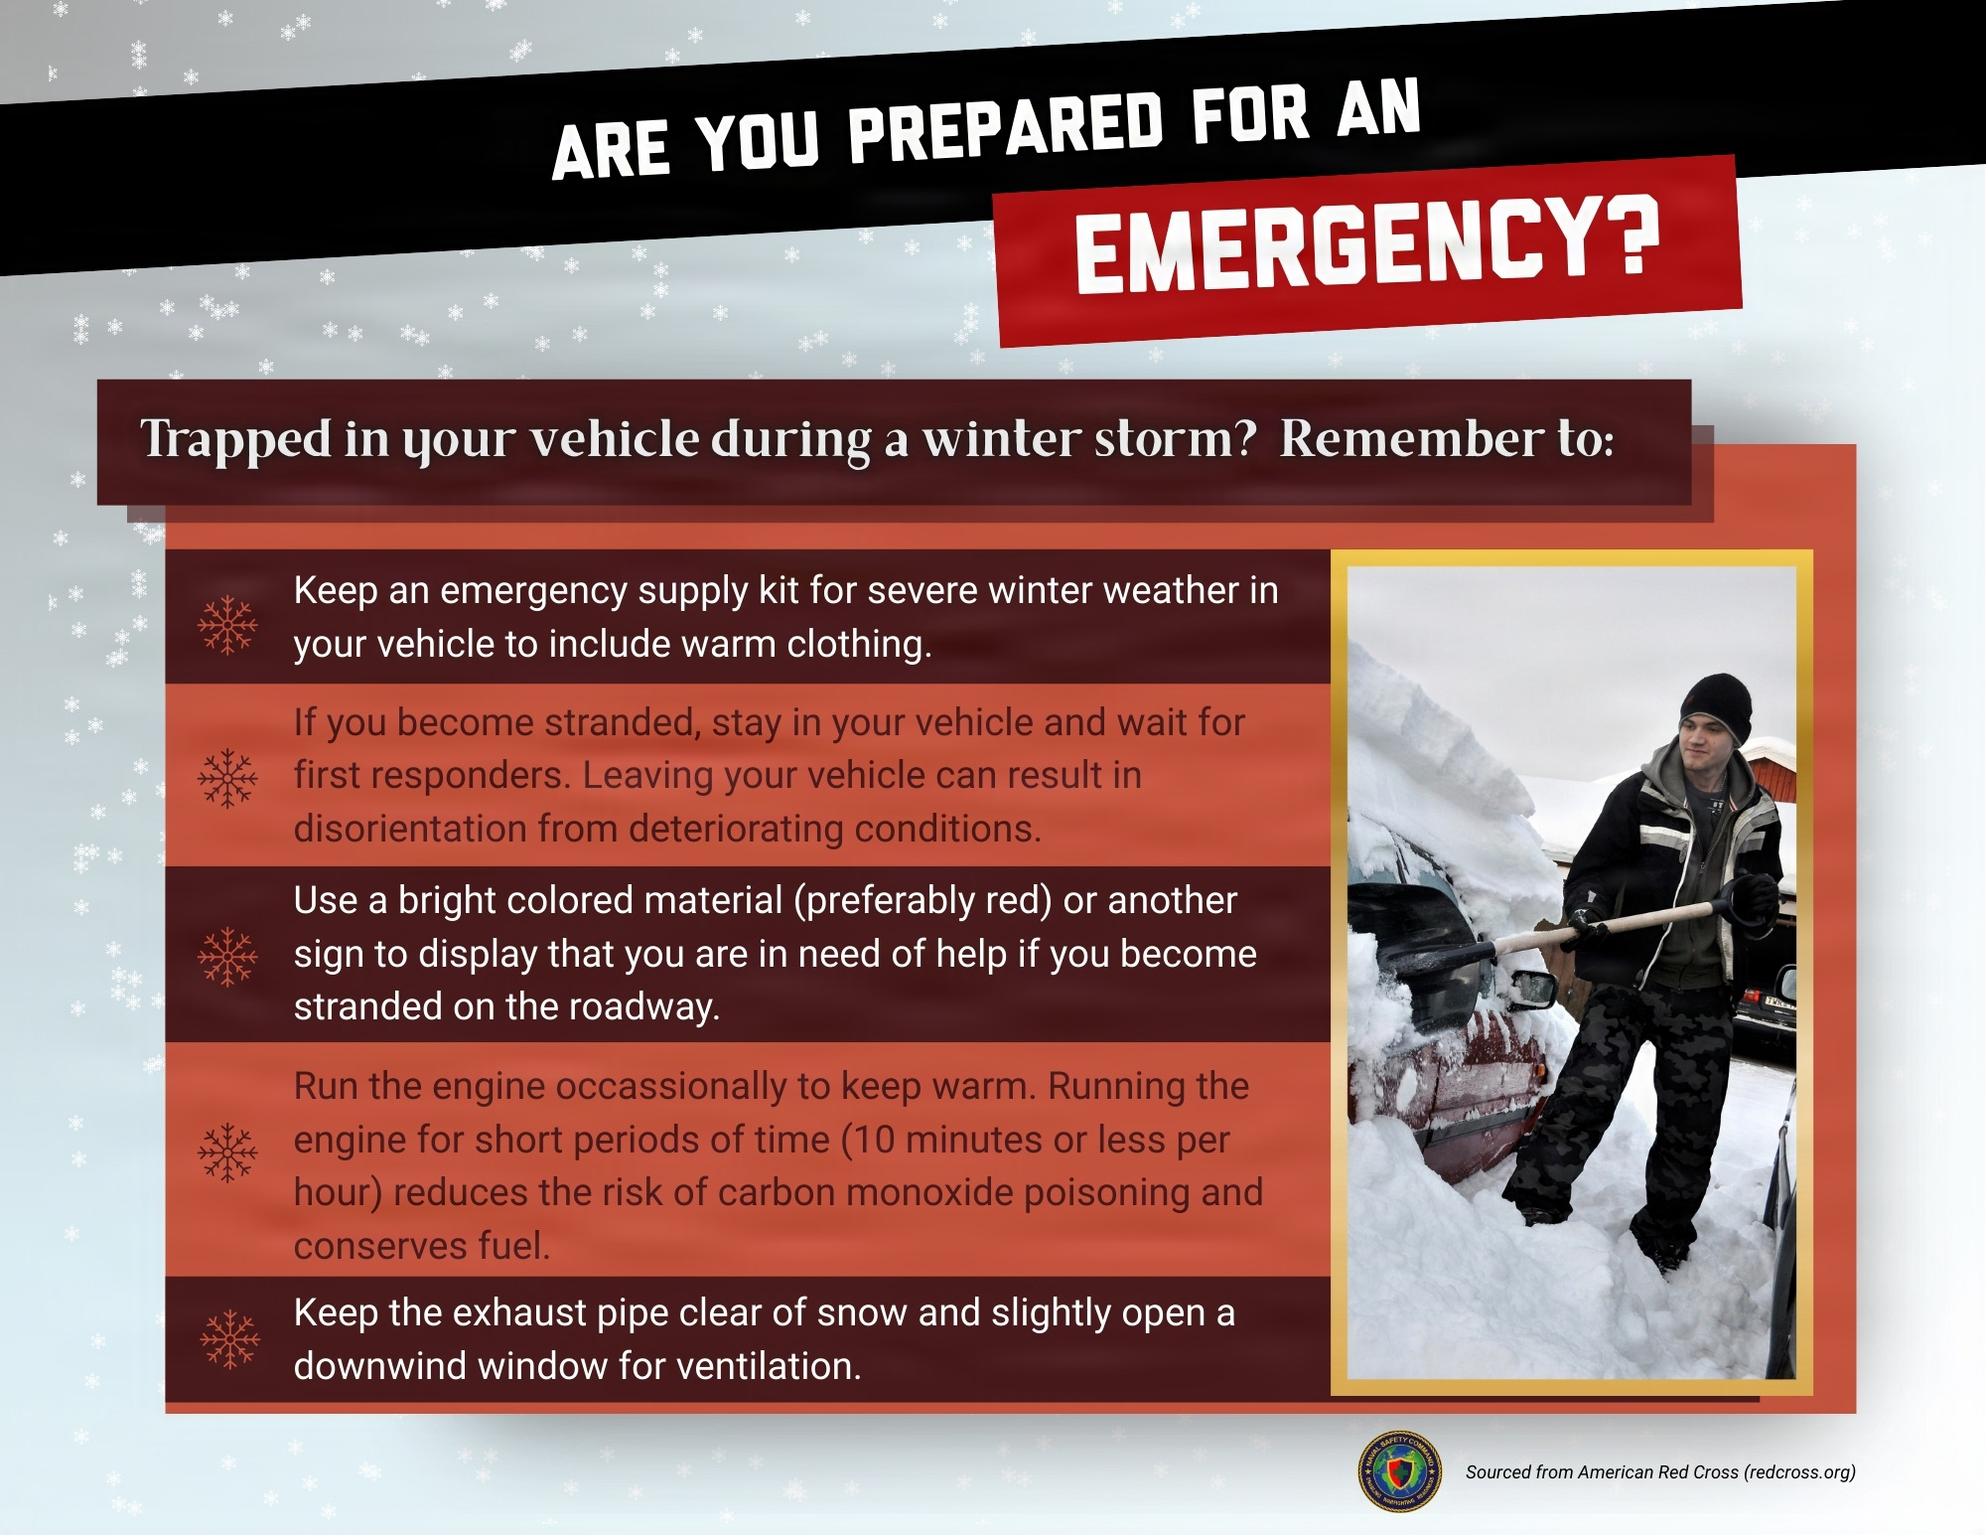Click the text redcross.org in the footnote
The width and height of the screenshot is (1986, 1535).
tap(1798, 1472)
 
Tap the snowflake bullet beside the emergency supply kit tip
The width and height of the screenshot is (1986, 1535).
tap(227, 625)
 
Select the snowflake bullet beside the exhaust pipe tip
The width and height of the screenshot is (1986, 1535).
tap(229, 1339)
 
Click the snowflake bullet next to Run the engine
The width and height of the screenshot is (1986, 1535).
tap(227, 1152)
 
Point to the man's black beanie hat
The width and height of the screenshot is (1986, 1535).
tap(1717, 701)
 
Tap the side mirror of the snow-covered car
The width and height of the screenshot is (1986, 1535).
tap(1530, 989)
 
